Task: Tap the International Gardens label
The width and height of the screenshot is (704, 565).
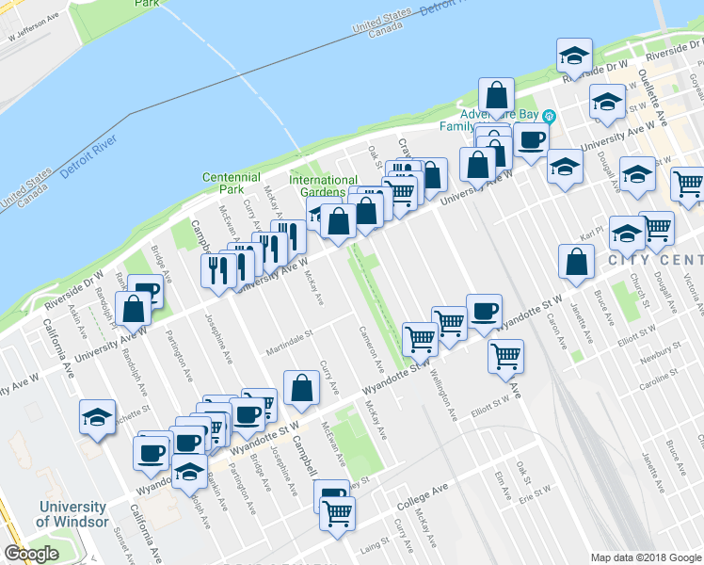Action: [x=323, y=186]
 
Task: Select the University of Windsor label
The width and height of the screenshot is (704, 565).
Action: [x=71, y=514]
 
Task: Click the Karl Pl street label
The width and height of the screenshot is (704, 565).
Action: [x=590, y=229]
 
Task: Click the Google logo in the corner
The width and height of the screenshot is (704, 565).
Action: [x=32, y=554]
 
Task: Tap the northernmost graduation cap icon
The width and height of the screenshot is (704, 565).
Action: [x=573, y=56]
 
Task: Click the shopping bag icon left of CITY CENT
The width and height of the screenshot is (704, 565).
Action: [x=576, y=263]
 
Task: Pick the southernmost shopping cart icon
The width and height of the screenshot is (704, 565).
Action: [x=337, y=514]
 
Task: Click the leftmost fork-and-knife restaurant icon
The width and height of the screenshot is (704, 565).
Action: [x=217, y=269]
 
